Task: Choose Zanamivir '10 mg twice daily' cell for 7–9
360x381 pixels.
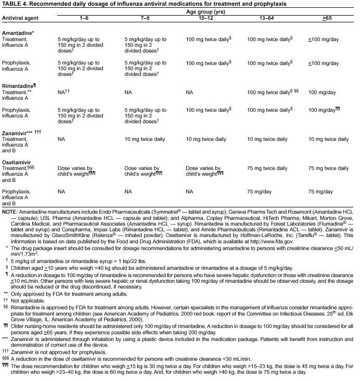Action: coord(146,139)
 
